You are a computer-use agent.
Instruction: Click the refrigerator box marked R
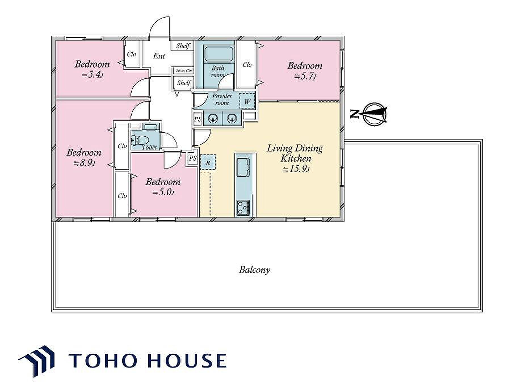[208, 162]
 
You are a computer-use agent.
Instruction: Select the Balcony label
[254, 269]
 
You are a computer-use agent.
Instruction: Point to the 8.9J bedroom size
[84, 163]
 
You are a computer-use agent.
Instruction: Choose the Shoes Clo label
[184, 71]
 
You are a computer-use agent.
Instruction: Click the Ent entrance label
[159, 56]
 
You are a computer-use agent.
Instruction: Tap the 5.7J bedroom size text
[305, 77]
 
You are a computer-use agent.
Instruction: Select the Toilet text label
[149, 147]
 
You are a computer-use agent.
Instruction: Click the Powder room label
[222, 99]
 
